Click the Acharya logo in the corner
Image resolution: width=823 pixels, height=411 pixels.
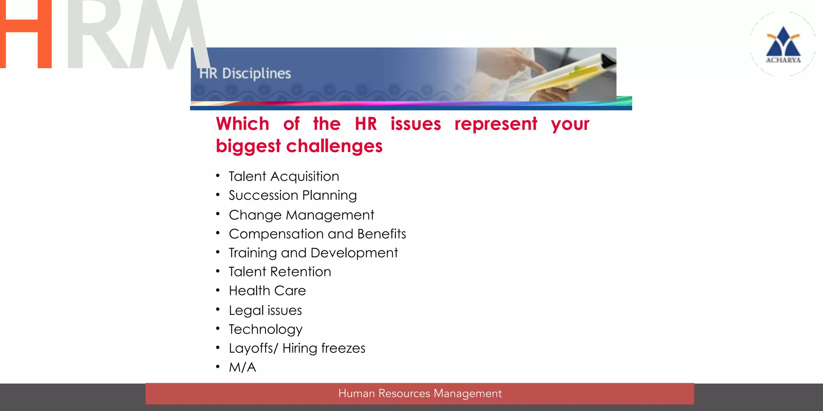tap(783, 44)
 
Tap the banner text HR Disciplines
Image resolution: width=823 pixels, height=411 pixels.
tap(245, 73)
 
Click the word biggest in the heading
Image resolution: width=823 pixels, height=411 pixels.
tap(248, 146)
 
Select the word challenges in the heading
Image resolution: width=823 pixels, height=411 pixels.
tap(334, 146)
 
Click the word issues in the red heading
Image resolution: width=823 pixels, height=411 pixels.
tap(416, 124)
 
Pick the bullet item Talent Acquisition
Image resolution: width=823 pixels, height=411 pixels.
tap(284, 177)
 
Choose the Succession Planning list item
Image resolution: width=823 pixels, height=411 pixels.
tap(293, 195)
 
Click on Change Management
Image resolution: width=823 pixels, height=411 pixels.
tap(301, 215)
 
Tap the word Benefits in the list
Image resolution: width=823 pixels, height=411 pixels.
tap(381, 234)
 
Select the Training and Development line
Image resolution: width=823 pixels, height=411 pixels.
tap(313, 253)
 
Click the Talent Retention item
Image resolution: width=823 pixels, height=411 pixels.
tap(280, 272)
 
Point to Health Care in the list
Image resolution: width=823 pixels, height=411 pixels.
tap(267, 291)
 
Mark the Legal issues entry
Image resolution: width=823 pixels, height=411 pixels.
tap(265, 310)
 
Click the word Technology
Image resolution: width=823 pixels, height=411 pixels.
tap(265, 330)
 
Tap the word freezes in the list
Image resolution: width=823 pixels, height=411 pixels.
tap(343, 348)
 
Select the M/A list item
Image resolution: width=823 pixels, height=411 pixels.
tap(242, 367)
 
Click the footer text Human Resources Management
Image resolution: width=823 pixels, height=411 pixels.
tap(420, 394)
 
